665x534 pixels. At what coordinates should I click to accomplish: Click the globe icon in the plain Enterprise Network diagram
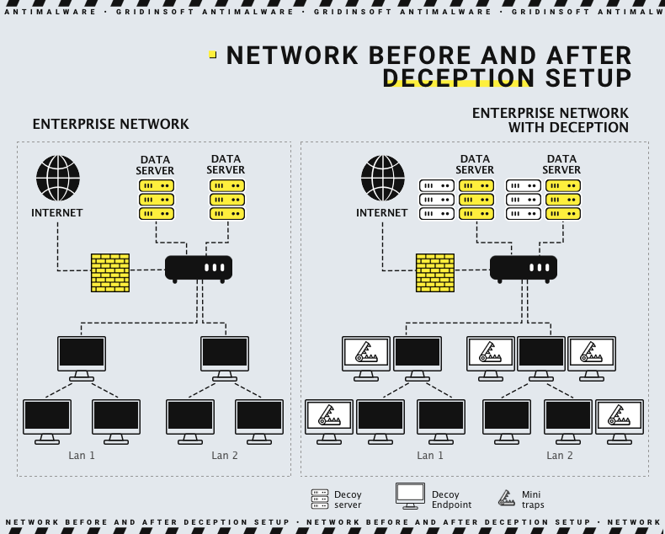coord(58,178)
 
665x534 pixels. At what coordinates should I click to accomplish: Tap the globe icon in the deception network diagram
coord(383,178)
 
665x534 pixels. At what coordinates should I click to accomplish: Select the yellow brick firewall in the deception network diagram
coord(435,273)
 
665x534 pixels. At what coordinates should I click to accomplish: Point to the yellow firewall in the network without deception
coord(110,273)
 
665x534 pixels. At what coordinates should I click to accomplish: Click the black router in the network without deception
coord(199,268)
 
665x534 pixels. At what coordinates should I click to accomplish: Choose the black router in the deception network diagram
coord(524,268)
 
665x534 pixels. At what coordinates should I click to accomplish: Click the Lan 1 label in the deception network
coord(430,456)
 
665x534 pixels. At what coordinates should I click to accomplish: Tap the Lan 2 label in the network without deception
coord(225,456)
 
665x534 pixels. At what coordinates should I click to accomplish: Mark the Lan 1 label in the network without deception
coord(82,456)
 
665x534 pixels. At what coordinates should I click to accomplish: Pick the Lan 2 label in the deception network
coord(560,456)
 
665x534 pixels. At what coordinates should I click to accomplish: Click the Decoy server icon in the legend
coord(320,499)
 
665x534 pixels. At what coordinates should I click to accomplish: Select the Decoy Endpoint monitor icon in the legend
coord(411,496)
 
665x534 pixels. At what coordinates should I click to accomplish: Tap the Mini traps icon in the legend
coord(507,499)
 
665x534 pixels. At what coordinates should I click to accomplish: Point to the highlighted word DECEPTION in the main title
coord(458,78)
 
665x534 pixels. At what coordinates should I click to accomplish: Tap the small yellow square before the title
coord(213,54)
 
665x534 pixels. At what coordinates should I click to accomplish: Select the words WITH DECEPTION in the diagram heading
coord(568,128)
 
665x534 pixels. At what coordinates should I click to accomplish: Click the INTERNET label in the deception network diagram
coord(382,213)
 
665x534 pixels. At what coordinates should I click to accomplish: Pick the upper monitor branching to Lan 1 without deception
coord(82,356)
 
